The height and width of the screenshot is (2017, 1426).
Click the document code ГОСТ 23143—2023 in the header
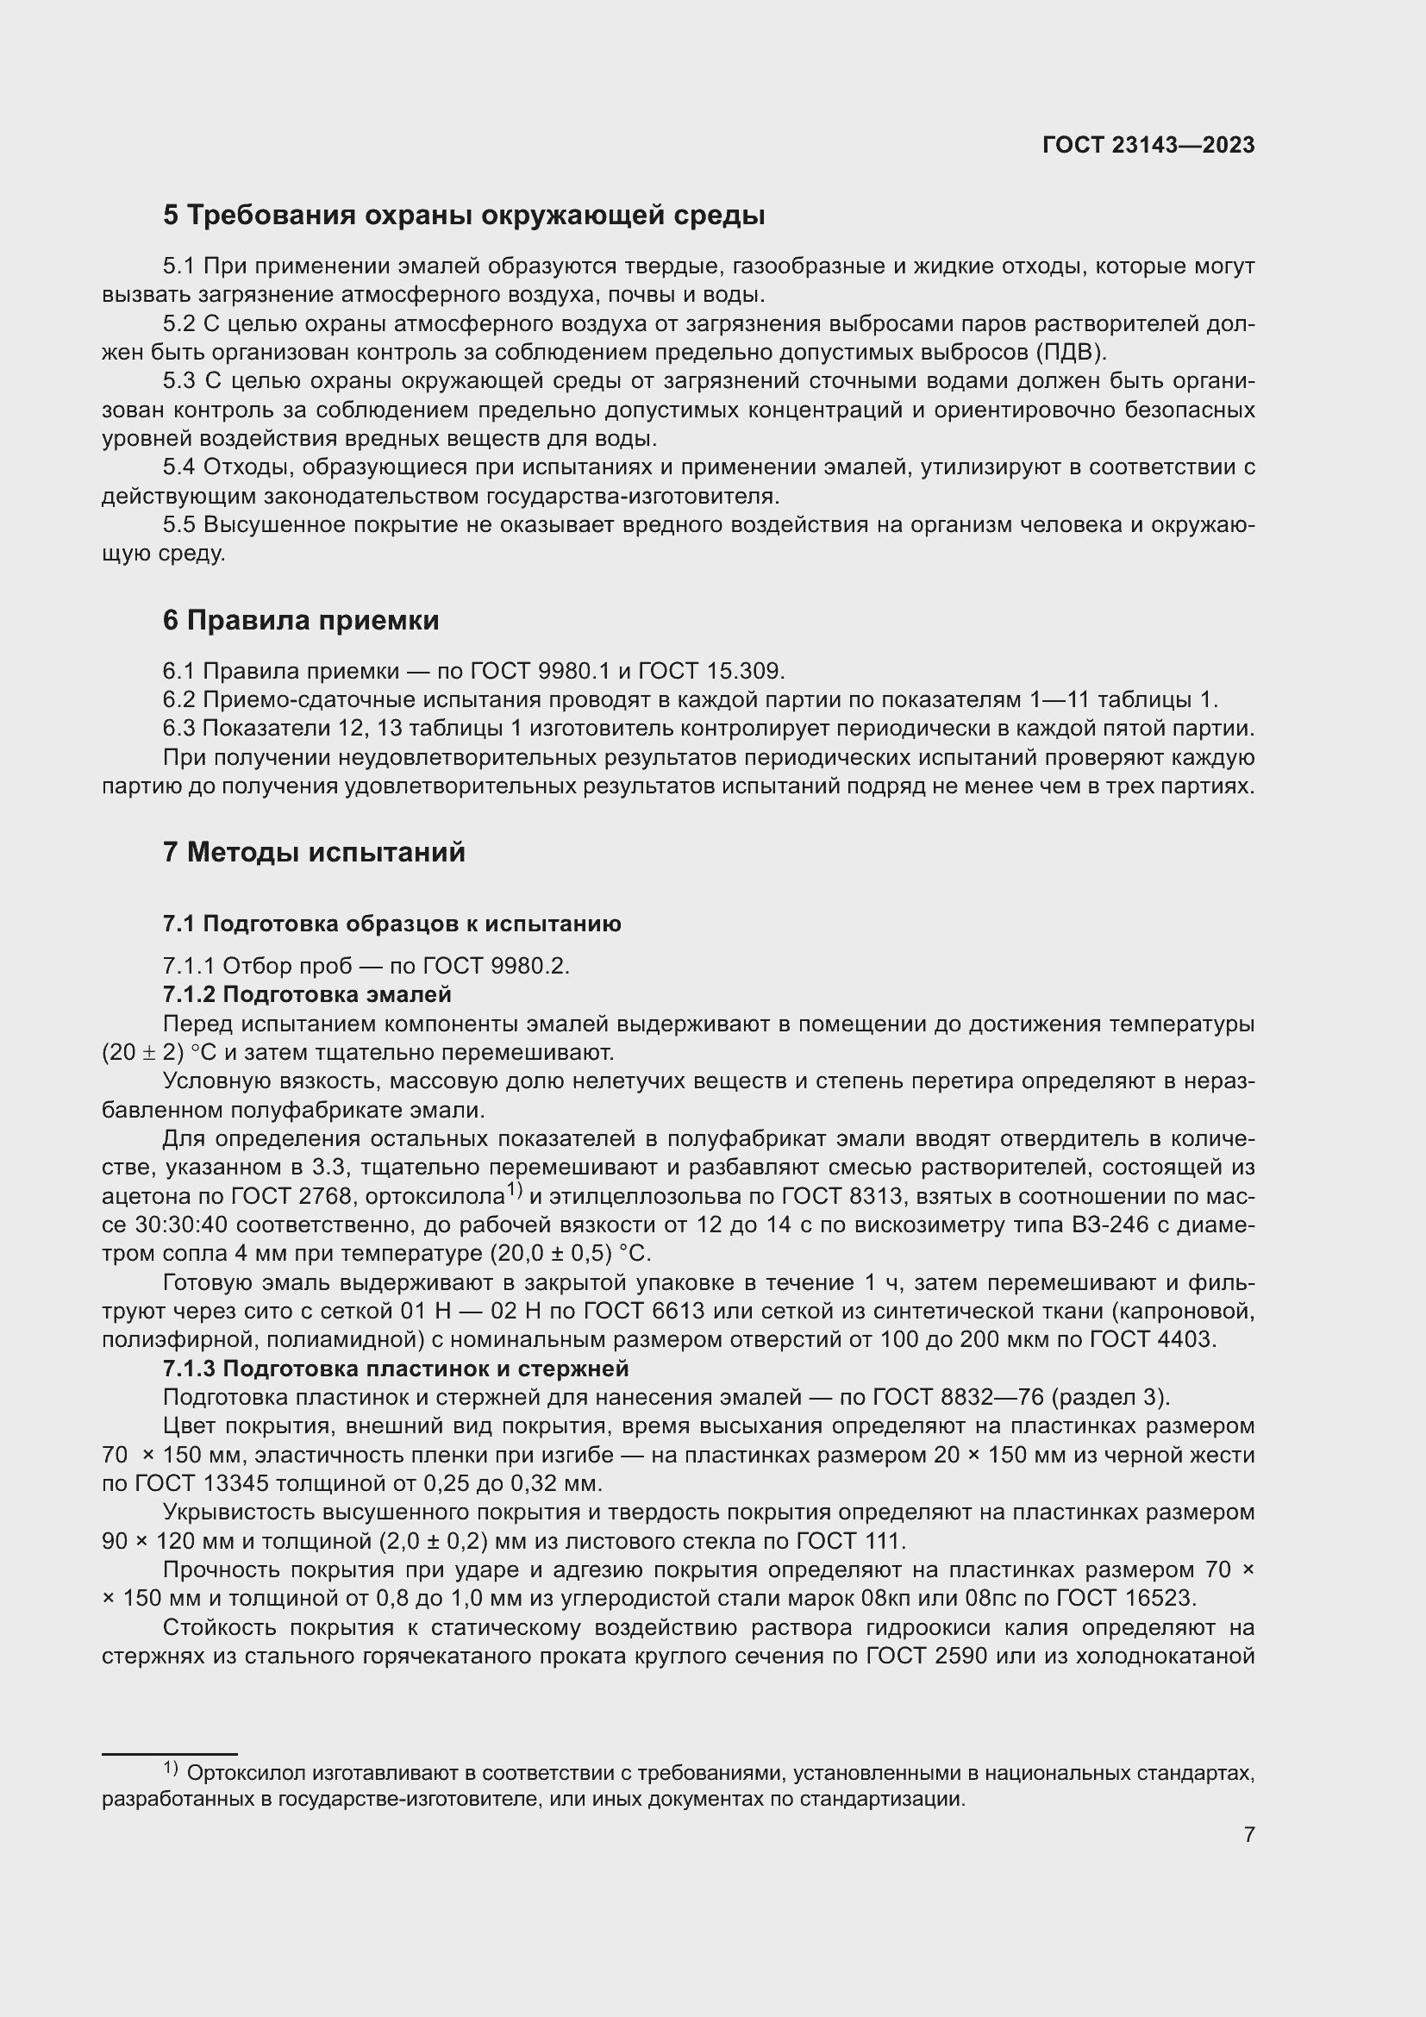pos(1148,145)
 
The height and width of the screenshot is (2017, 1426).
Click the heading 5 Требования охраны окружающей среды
pos(464,216)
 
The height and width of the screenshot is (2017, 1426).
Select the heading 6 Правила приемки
pos(300,620)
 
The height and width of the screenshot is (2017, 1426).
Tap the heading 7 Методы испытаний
pos(314,851)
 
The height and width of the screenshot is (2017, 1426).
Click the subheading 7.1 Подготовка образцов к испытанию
pos(391,924)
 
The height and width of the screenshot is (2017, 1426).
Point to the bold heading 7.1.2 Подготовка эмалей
pos(306,994)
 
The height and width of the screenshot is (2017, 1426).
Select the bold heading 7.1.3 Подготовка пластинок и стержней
pos(395,1368)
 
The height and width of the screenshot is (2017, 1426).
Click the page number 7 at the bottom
pos(1248,1834)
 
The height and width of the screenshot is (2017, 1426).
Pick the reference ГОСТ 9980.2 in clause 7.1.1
pos(496,966)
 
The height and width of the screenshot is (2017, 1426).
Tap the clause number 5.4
pos(179,467)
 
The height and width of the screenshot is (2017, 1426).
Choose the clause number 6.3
pos(179,729)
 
